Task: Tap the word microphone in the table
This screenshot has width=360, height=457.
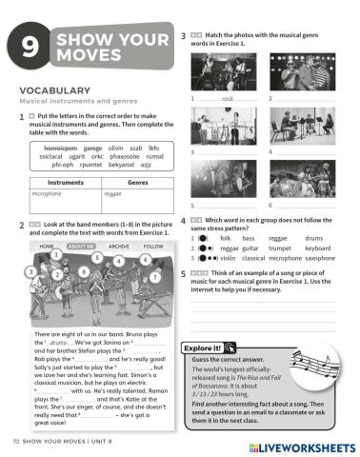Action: click(47, 192)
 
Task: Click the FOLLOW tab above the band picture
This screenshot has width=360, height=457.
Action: click(152, 246)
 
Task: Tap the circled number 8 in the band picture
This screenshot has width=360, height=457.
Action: click(86, 269)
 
